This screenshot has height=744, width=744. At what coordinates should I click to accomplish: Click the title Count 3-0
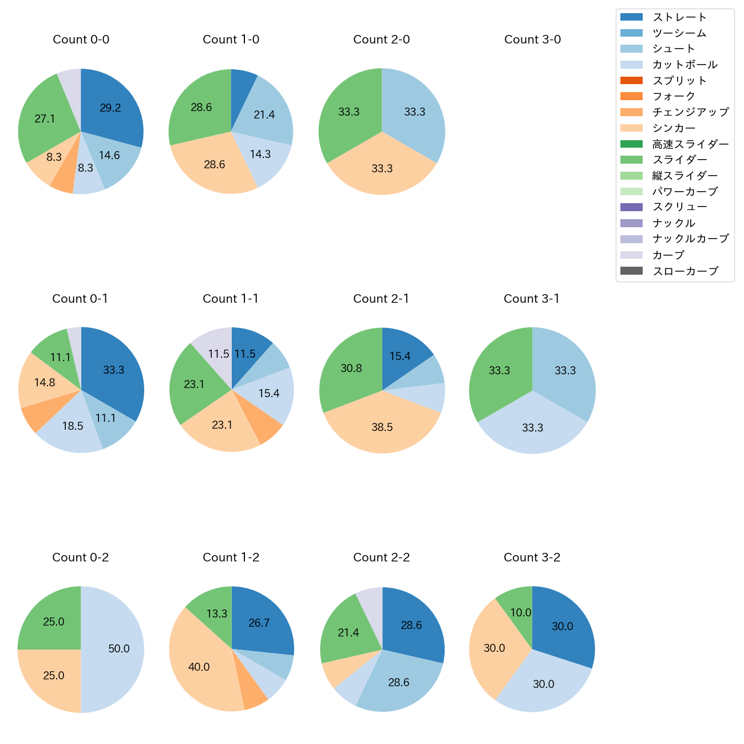pyautogui.click(x=532, y=39)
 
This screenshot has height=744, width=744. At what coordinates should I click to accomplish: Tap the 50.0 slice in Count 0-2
pyautogui.click(x=114, y=649)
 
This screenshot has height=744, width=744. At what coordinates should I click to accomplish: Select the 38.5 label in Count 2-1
pyautogui.click(x=382, y=428)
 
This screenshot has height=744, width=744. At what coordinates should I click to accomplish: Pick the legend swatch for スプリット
pyautogui.click(x=631, y=81)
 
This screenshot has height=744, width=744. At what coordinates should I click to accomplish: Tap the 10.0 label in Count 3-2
pyautogui.click(x=521, y=613)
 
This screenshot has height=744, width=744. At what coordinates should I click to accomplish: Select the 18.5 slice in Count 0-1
pyautogui.click(x=73, y=426)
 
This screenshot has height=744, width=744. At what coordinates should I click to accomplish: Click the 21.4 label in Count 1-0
pyautogui.click(x=264, y=115)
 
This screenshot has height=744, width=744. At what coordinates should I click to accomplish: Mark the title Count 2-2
pyautogui.click(x=382, y=557)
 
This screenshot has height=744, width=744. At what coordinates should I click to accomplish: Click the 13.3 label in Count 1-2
pyautogui.click(x=217, y=614)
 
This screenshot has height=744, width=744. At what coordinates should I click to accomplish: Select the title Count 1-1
pyautogui.click(x=231, y=299)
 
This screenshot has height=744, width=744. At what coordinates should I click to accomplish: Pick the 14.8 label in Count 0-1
pyautogui.click(x=45, y=382)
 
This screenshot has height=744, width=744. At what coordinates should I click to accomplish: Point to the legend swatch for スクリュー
pyautogui.click(x=631, y=207)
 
